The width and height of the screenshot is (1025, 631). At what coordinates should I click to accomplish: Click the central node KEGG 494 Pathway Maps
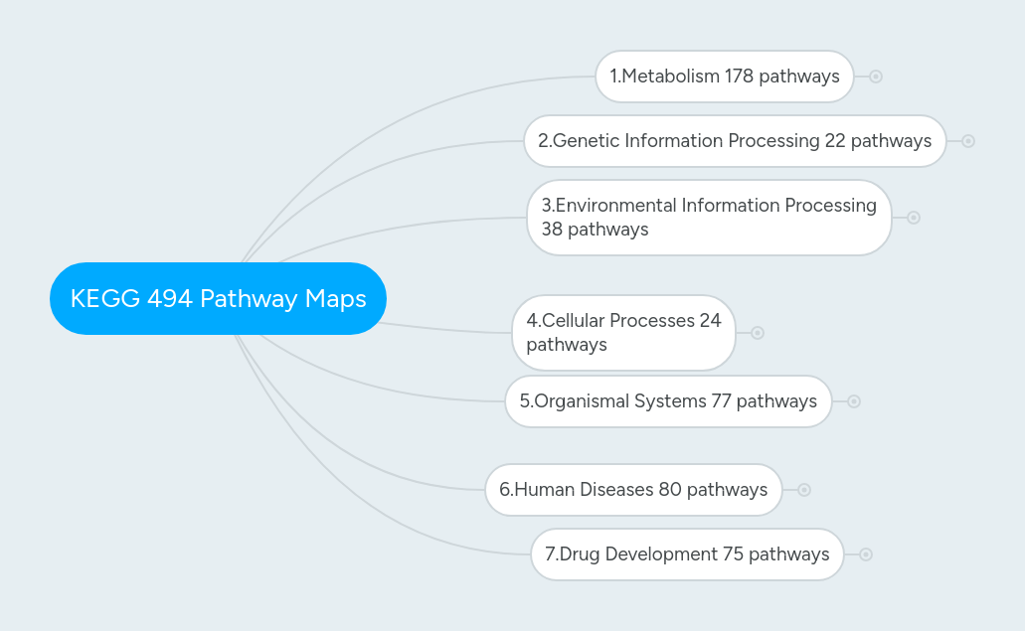click(218, 298)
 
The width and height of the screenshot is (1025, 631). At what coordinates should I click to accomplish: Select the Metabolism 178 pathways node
click(724, 77)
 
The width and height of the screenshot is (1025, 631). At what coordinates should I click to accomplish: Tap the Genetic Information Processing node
click(734, 141)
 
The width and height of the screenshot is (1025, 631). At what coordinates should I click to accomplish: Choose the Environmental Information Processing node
click(708, 218)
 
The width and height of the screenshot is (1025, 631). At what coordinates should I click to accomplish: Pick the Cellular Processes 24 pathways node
click(623, 333)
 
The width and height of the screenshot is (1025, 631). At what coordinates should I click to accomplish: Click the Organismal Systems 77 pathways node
click(667, 401)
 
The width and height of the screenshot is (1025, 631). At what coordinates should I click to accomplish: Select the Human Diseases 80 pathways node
click(632, 490)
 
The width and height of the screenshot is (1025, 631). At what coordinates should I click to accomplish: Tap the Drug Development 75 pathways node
click(686, 554)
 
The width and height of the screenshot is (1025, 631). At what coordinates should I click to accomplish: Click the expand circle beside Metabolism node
click(876, 77)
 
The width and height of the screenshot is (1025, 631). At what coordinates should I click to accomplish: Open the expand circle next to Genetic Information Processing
click(968, 141)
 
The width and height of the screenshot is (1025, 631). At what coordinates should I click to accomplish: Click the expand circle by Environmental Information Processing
click(914, 218)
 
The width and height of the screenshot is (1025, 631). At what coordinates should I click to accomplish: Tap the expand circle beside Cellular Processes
click(758, 333)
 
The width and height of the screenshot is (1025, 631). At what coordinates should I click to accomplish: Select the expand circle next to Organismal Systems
click(854, 401)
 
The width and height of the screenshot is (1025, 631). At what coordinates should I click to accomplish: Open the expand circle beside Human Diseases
click(804, 490)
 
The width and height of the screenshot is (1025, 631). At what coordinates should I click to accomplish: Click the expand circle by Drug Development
click(866, 554)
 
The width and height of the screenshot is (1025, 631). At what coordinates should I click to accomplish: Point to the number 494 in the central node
click(170, 298)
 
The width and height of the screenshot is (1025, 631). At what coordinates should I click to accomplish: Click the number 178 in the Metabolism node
click(739, 77)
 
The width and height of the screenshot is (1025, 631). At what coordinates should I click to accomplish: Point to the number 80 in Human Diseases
click(669, 490)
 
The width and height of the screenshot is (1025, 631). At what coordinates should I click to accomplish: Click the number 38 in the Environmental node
click(552, 230)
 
